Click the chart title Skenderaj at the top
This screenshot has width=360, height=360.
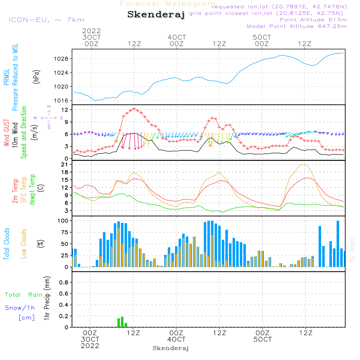(156, 15)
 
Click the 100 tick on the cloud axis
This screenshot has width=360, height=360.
(63, 220)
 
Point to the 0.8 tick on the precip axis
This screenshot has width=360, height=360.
(63, 283)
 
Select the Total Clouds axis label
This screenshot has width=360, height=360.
(6, 244)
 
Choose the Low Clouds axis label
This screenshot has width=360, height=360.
(24, 244)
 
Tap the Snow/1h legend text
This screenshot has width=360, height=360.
(20, 308)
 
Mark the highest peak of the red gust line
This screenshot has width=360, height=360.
(134, 108)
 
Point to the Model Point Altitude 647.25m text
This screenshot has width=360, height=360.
(297, 26)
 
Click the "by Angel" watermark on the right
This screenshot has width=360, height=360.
(352, 249)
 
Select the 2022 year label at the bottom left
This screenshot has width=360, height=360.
(90, 346)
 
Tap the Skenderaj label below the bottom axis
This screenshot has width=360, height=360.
(171, 348)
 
